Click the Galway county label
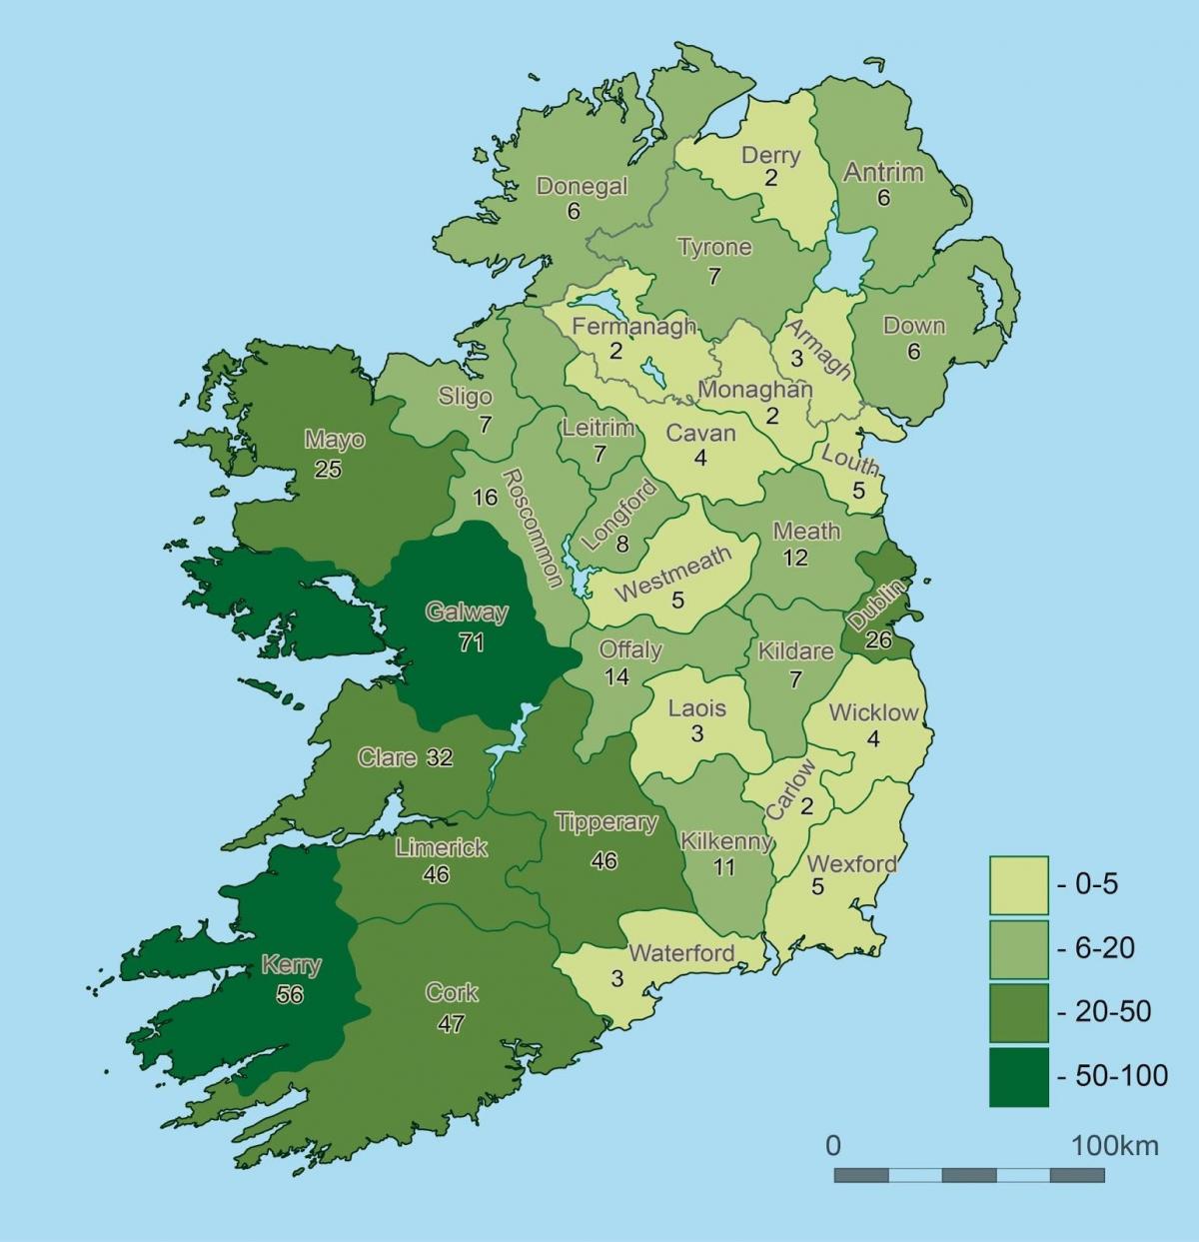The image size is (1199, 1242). tap(466, 613)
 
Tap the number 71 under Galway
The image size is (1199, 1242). tap(471, 642)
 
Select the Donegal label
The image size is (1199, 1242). tap(582, 186)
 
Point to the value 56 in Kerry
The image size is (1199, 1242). tap(290, 995)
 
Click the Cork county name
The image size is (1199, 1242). tap(452, 993)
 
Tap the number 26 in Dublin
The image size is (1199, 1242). tap(878, 640)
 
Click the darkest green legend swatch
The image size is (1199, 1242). tap(1019, 1076)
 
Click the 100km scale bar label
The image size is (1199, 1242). tap(1115, 1145)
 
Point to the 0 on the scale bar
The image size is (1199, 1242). tap(833, 1145)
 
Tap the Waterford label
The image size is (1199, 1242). tap(681, 953)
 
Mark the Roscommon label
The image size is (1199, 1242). tap(531, 528)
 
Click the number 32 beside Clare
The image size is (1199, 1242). tap(439, 757)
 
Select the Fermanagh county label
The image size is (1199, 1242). tap(633, 327)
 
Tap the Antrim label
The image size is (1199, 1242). tap(883, 172)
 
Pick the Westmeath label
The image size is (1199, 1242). tap(672, 574)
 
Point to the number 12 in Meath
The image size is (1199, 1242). tap(795, 558)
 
